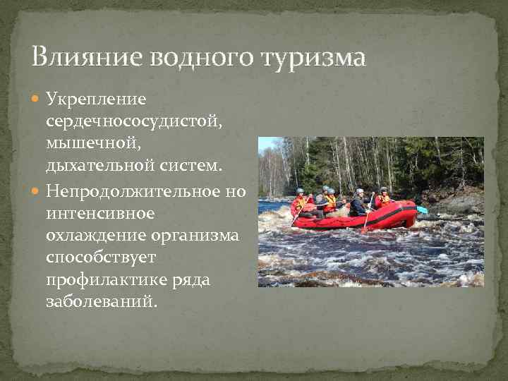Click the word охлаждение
[92, 236]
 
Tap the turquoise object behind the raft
[422, 210]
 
